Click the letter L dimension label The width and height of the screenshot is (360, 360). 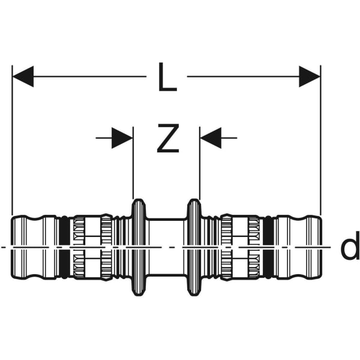coord(167,77)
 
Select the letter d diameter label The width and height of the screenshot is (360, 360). coord(349,248)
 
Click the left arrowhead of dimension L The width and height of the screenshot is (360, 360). coord(23,77)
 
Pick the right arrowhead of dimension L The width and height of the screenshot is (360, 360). coord(310,77)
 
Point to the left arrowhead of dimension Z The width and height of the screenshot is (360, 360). coord(122,138)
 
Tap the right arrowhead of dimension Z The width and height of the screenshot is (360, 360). coord(210,138)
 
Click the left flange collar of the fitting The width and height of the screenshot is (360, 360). coord(138,247)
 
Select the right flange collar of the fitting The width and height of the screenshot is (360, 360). coord(194,247)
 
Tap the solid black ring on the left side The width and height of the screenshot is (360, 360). coord(65,247)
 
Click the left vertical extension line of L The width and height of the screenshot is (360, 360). coord(12,144)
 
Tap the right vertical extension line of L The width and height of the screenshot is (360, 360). coord(320,144)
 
